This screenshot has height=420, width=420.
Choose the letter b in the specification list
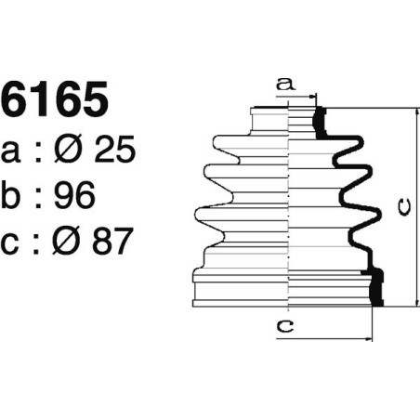click(x=15, y=195)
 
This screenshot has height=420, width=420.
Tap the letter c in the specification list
click(x=15, y=243)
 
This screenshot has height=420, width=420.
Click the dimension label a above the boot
click(x=285, y=85)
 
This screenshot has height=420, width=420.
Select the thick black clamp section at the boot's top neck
click(x=321, y=120)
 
